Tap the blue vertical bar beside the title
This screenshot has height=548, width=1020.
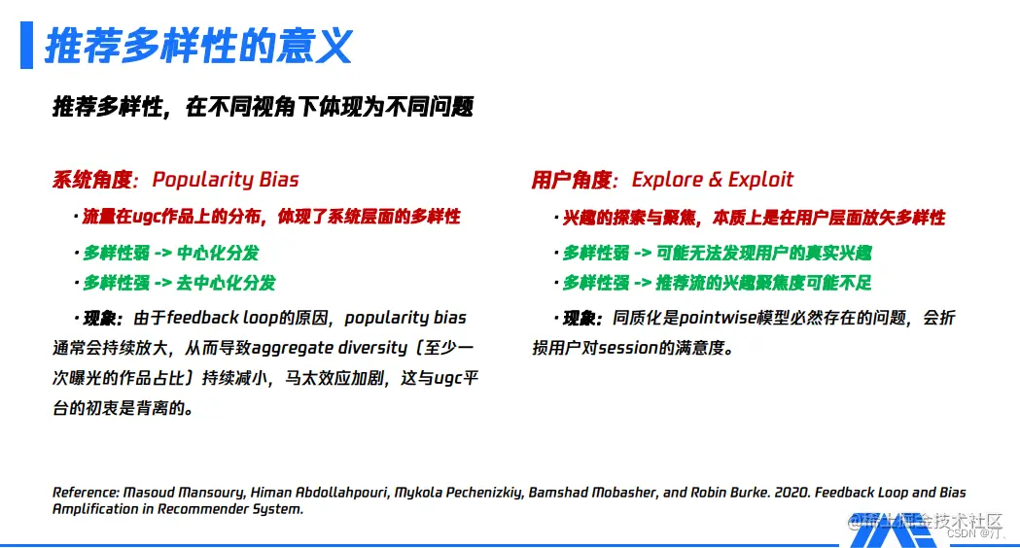(26, 47)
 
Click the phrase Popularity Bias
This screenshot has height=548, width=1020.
(226, 180)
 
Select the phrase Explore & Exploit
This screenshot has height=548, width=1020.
(712, 180)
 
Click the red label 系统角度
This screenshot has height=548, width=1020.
(91, 180)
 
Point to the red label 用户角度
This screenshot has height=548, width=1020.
(572, 180)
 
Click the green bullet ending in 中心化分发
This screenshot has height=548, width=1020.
(171, 253)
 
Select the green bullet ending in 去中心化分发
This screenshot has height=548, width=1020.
(179, 283)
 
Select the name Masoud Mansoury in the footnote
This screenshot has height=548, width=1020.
(182, 493)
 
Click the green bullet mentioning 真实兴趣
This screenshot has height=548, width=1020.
(717, 253)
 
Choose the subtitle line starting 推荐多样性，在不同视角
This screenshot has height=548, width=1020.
(263, 107)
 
